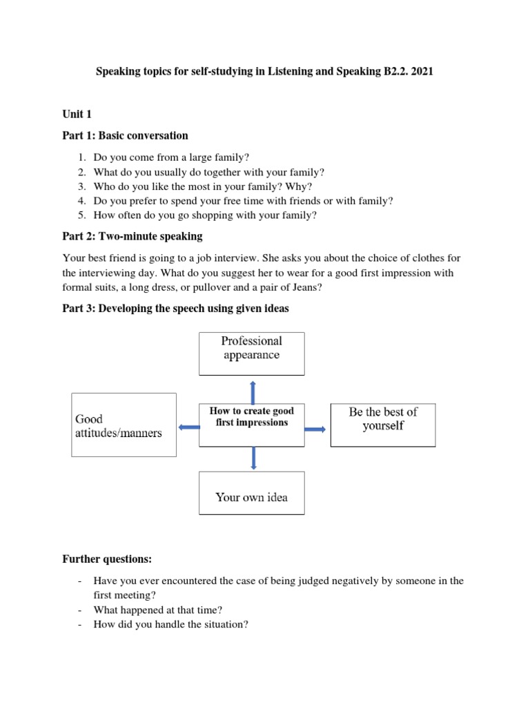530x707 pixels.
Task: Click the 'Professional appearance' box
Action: click(251, 353)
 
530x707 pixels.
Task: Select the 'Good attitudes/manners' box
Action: click(124, 425)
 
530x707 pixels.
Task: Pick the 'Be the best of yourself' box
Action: click(383, 425)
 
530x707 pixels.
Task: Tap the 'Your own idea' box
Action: click(251, 492)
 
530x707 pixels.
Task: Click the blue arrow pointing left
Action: click(188, 428)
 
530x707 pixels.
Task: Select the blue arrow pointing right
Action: click(315, 429)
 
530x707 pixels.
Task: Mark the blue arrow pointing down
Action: click(253, 458)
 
